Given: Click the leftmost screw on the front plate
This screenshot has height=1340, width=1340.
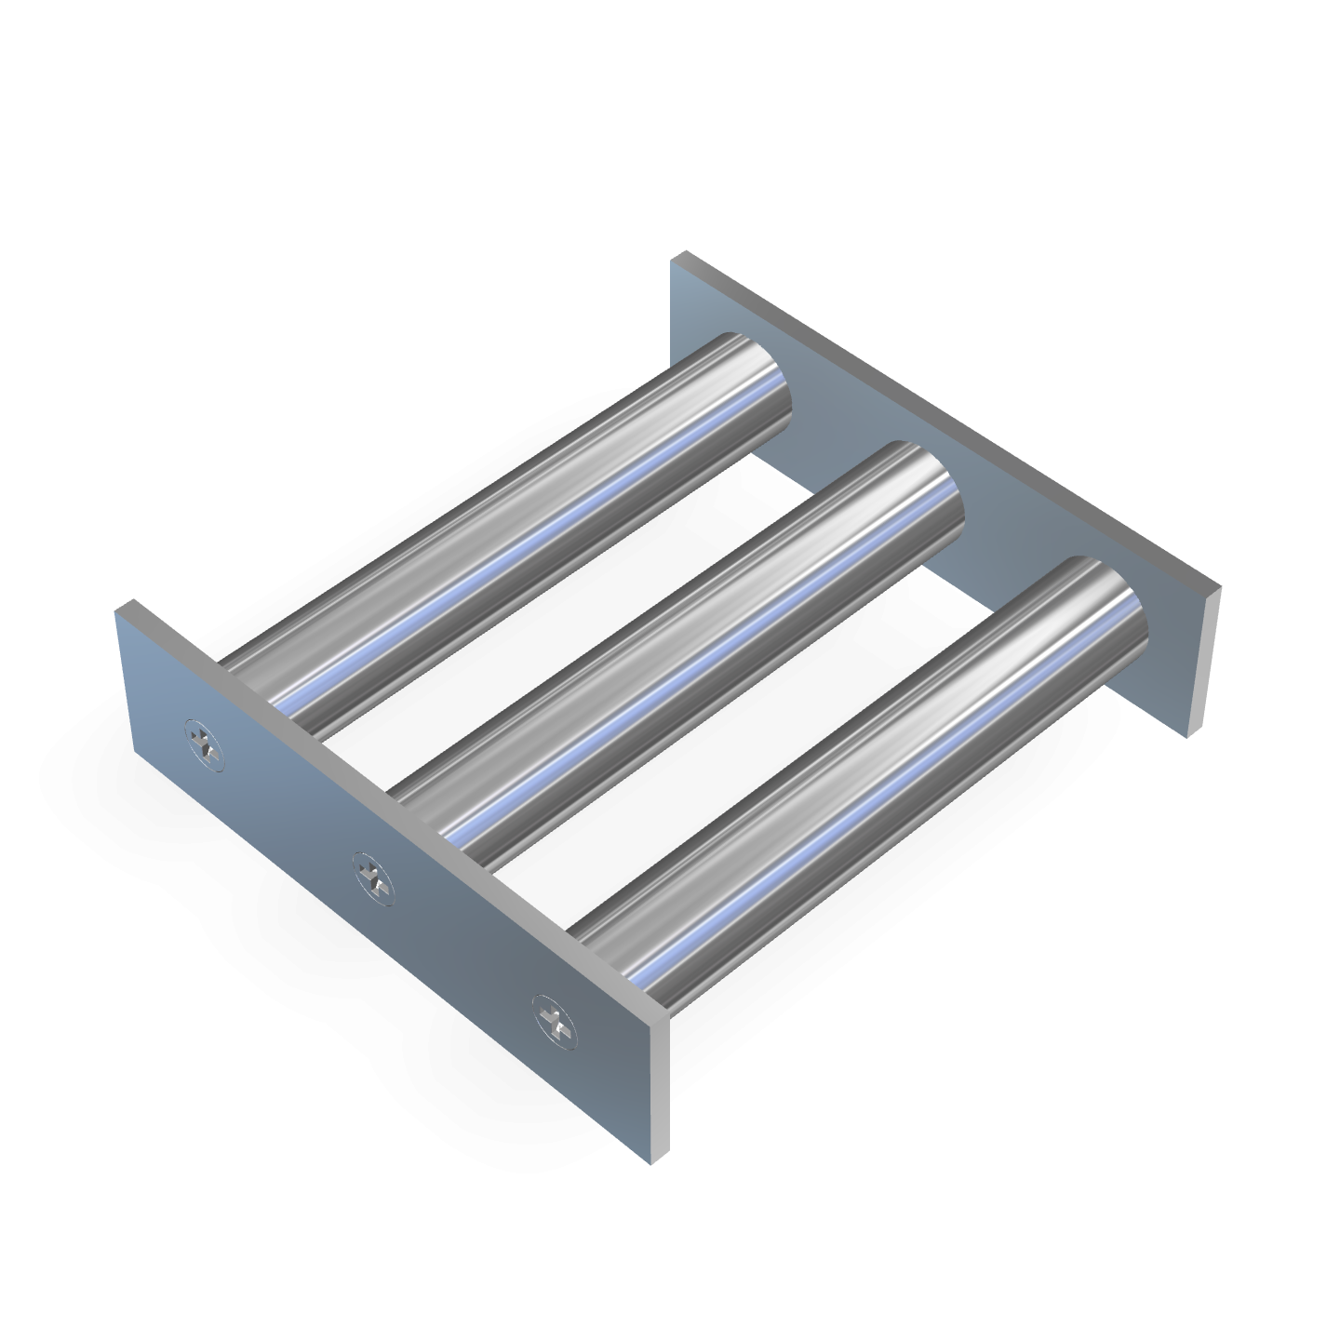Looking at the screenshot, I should click(205, 744).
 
